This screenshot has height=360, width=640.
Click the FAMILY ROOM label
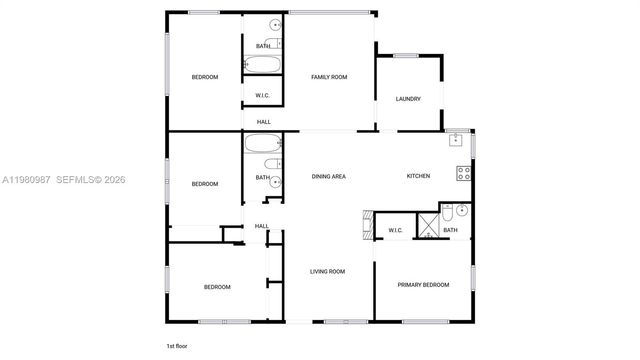(329, 77)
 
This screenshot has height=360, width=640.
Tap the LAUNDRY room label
(408, 99)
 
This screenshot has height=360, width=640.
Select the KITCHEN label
(418, 176)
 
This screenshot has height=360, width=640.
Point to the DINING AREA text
(329, 176)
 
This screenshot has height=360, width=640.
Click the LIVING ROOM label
(327, 271)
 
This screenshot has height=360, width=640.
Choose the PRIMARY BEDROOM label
(423, 284)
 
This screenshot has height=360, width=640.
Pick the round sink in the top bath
(275, 25)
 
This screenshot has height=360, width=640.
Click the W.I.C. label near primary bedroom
(394, 231)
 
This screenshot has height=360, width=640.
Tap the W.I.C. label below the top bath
(263, 96)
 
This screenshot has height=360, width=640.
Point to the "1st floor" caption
(177, 345)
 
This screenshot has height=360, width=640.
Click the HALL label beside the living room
(261, 226)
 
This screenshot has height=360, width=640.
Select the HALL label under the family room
(264, 122)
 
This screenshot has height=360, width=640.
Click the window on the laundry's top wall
(405, 55)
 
